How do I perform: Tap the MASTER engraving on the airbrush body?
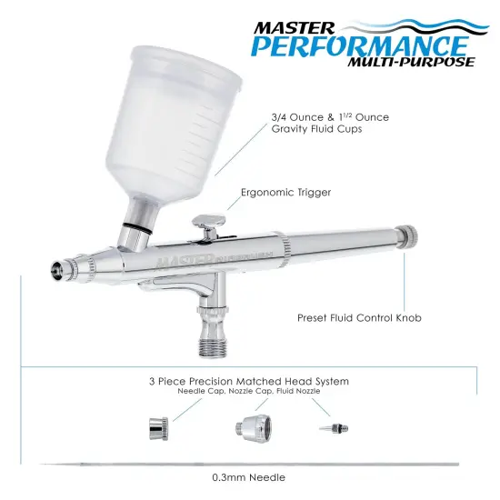click(x=181, y=260)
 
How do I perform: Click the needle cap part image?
click(x=155, y=426)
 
